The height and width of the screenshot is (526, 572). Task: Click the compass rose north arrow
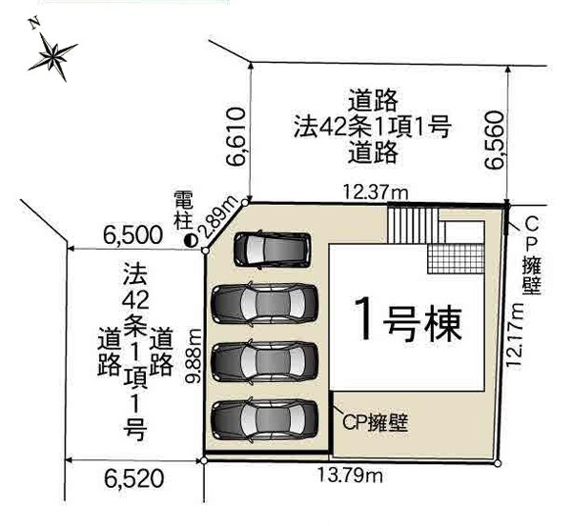[x=52, y=53]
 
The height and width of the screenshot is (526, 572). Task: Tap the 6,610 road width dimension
[x=235, y=136]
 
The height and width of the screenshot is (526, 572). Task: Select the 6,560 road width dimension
[x=494, y=140]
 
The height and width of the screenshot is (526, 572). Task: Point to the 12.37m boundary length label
[x=376, y=192]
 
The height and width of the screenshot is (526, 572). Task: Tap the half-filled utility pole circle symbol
[x=191, y=240]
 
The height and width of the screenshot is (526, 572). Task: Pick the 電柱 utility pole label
[x=183, y=211]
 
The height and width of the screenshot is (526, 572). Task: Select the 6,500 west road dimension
[x=133, y=235]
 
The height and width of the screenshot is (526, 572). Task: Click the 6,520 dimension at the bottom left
[x=133, y=478]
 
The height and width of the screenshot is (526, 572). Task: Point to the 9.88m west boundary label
[x=194, y=355]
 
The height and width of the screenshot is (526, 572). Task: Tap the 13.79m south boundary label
[x=350, y=475]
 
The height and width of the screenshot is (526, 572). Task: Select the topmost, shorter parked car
[x=272, y=250]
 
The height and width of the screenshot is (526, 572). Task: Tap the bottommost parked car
[x=265, y=420]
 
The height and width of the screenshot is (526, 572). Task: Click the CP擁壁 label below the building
[x=375, y=423]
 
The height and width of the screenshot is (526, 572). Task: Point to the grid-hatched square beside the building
[x=456, y=258]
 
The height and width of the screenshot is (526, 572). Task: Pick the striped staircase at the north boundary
[x=414, y=224]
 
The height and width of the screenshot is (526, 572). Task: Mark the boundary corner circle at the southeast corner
[x=498, y=463]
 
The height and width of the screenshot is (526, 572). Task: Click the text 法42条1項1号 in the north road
[x=373, y=128]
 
